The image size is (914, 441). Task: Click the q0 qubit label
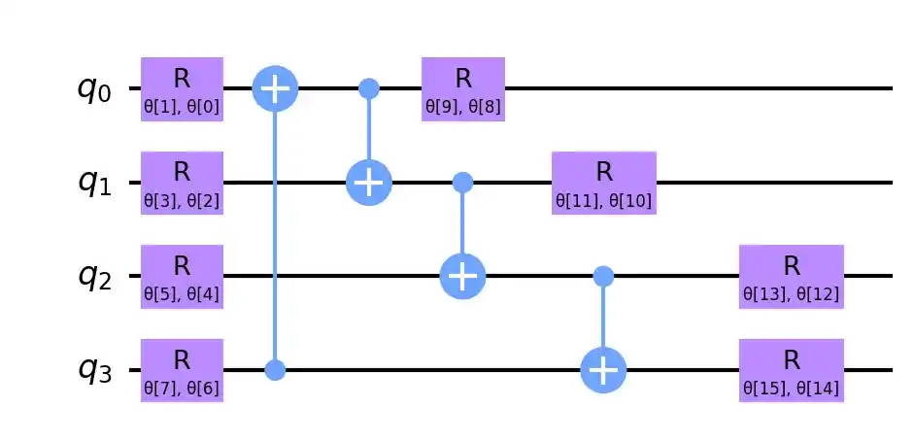pyautogui.click(x=95, y=89)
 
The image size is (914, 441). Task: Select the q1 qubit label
pyautogui.click(x=95, y=183)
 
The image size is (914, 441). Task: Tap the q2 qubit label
pyautogui.click(x=95, y=277)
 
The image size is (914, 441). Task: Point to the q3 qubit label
pyautogui.click(x=95, y=370)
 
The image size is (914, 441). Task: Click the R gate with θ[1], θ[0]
pyautogui.click(x=182, y=88)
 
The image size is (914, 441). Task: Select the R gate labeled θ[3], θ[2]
pyautogui.click(x=182, y=182)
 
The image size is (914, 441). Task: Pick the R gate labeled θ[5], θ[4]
pyautogui.click(x=182, y=276)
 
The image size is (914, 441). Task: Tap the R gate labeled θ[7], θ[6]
pyautogui.click(x=182, y=369)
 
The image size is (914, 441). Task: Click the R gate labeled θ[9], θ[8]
pyautogui.click(x=462, y=88)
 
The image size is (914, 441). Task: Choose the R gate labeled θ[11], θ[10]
pyautogui.click(x=603, y=182)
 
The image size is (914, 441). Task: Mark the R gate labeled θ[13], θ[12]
pyautogui.click(x=791, y=276)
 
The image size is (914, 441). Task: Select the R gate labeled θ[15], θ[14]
pyautogui.click(x=791, y=369)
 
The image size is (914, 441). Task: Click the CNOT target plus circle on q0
pyautogui.click(x=276, y=89)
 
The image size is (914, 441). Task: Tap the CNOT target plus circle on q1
pyautogui.click(x=369, y=183)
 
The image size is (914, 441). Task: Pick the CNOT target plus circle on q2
pyautogui.click(x=463, y=277)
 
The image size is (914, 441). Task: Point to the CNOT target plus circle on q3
pyautogui.click(x=603, y=370)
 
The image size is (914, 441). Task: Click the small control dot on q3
pyautogui.click(x=276, y=370)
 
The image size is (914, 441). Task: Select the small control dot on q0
pyautogui.click(x=369, y=89)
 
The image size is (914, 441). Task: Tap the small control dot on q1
pyautogui.click(x=463, y=183)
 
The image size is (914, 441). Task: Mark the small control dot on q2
pyautogui.click(x=603, y=277)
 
